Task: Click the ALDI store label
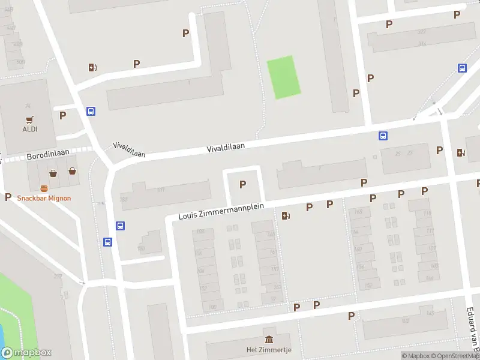pos(30,129)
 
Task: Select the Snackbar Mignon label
pos(44,199)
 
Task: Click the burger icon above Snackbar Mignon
pos(44,188)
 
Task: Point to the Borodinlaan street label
pos(47,155)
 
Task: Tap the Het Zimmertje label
pos(268,350)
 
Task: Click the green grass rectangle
pos(283,77)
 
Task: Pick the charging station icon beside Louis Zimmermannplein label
pos(286,215)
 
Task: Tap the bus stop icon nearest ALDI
pos(91,111)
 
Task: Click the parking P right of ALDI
pos(62,115)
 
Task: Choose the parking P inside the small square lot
pos(243,184)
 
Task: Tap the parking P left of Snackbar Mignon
pos(8,196)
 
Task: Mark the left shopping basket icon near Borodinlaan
pos(53,173)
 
